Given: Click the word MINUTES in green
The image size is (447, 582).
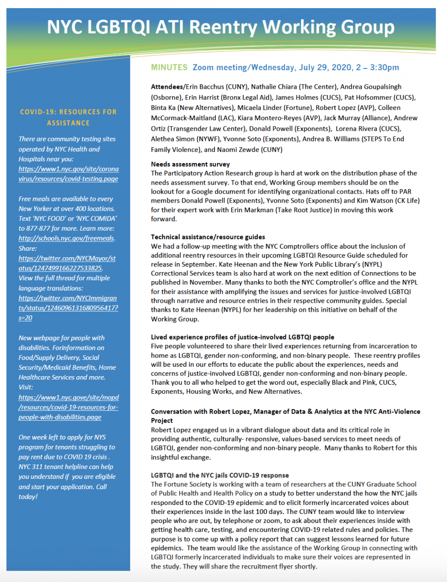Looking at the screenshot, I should coord(169,68).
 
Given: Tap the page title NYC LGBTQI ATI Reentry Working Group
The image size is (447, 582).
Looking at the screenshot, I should coord(221,27).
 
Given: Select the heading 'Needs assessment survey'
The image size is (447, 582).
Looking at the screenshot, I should coord(190,164).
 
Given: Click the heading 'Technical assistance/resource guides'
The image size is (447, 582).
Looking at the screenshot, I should coord(208,237).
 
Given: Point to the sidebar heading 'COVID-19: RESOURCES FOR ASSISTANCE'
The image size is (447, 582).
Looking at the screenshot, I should coord(68,117).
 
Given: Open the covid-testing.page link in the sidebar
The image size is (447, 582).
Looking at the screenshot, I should coord(68,174).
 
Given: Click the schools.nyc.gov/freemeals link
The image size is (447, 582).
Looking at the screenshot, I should coord(66,238).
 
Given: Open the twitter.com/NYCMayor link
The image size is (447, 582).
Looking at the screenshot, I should coord(67,263).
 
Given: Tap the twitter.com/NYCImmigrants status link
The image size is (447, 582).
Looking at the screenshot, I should coord(68,308).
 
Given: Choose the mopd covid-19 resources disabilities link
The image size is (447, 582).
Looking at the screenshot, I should coord(68,407).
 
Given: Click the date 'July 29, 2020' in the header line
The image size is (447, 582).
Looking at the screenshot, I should coord(325,68).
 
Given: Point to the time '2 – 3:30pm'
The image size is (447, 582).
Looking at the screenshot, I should coord(378,68).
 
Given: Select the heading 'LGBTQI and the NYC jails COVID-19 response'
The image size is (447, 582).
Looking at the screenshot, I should coord(220,475).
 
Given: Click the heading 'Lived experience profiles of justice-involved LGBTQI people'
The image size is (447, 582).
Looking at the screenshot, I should coord(242,337).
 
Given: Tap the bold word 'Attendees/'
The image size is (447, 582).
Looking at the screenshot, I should coord(168,87).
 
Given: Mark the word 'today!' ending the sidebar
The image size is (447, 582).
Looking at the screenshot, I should coord(28,496).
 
